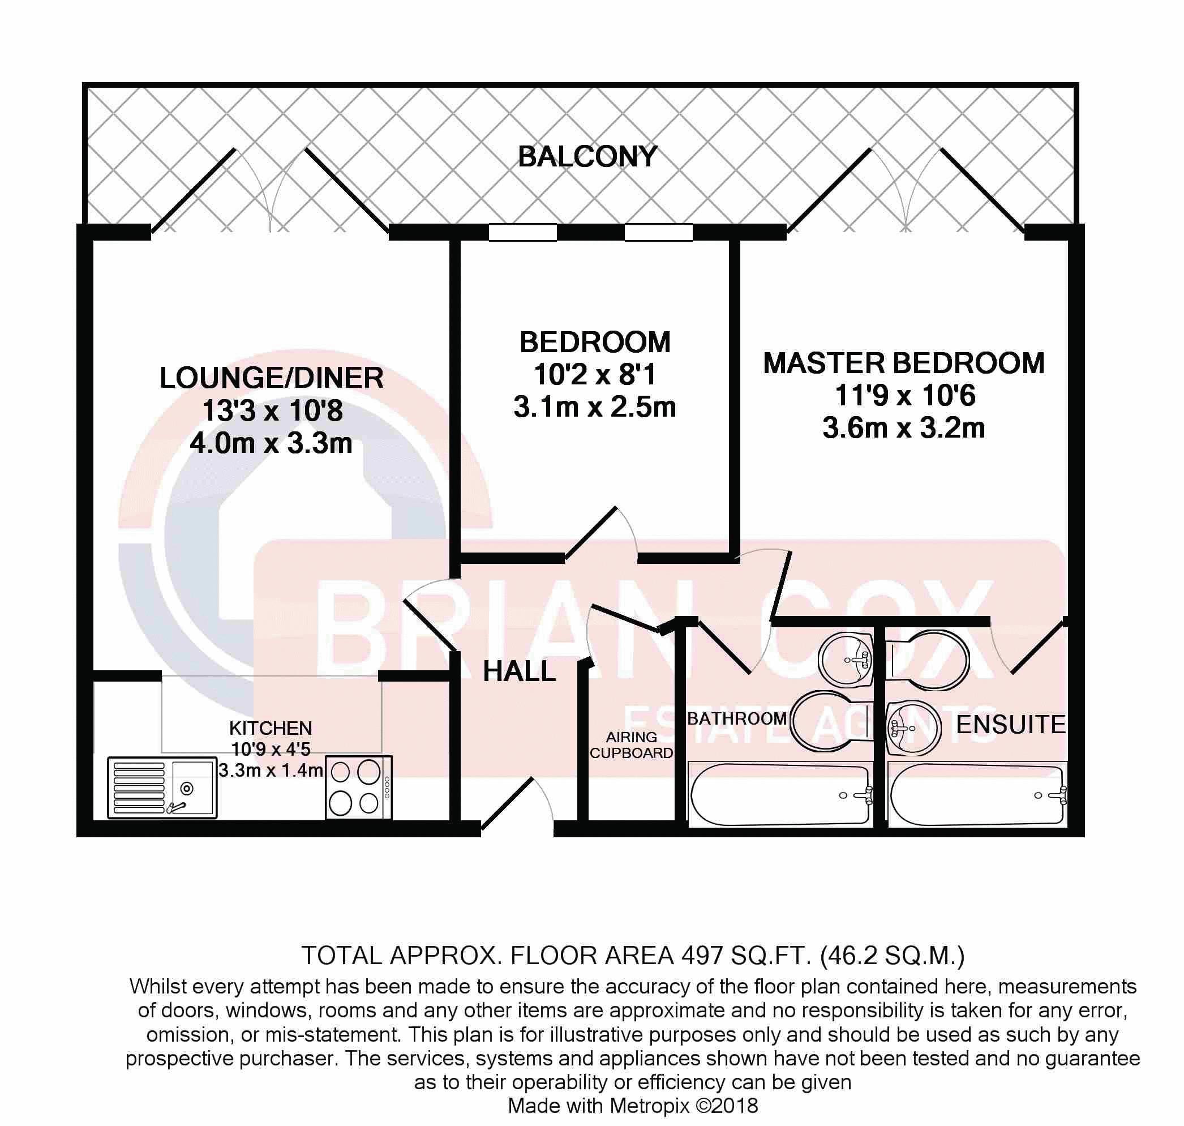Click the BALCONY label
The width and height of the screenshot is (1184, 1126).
pyautogui.click(x=587, y=157)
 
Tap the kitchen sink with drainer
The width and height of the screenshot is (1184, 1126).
pyautogui.click(x=162, y=787)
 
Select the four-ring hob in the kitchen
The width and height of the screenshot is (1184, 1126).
pyautogui.click(x=359, y=787)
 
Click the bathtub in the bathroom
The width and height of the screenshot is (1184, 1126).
pyautogui.click(x=780, y=795)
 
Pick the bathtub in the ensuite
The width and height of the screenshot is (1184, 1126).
pyautogui.click(x=977, y=795)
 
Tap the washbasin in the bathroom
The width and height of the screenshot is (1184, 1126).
pyautogui.click(x=847, y=659)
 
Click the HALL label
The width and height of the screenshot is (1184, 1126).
pyautogui.click(x=520, y=671)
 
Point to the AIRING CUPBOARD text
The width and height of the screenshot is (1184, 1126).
pyautogui.click(x=631, y=745)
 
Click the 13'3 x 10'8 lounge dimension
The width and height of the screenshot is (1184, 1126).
pyautogui.click(x=272, y=411)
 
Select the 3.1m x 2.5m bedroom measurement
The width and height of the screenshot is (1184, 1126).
pyautogui.click(x=595, y=408)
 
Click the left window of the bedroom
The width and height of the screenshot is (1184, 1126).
pyautogui.click(x=523, y=232)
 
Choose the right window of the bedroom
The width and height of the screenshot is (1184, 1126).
pyautogui.click(x=659, y=232)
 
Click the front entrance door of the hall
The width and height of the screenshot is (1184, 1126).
pyautogui.click(x=517, y=804)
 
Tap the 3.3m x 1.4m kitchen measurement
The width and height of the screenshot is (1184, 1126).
pyautogui.click(x=271, y=770)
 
